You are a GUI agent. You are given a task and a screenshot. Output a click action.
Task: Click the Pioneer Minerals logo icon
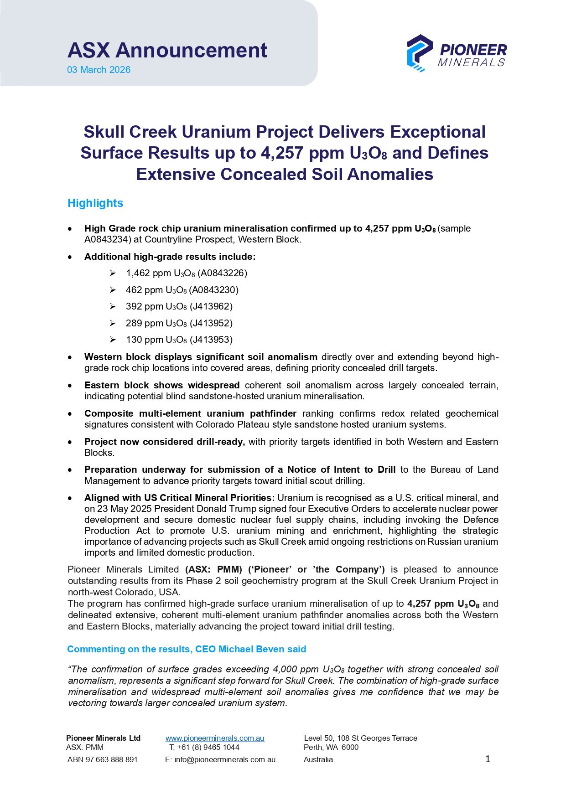coord(419,53)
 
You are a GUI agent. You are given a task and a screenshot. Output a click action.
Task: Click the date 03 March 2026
coord(99,70)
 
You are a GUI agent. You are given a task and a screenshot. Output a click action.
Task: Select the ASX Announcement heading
coord(167,50)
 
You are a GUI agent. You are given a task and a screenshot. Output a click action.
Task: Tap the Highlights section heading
coord(95,203)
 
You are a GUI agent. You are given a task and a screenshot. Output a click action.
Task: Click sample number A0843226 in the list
coord(222,273)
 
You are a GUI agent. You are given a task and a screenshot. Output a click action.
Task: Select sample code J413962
coord(211,306)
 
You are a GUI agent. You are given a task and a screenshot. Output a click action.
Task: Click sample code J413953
coord(211,340)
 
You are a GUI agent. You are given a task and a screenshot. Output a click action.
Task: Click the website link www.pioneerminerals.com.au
coord(215,738)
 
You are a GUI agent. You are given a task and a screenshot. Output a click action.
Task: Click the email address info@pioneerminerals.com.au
coord(225,759)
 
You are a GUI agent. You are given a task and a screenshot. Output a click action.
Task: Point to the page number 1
coord(488,759)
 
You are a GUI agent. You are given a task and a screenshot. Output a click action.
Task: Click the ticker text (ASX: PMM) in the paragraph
coord(213,569)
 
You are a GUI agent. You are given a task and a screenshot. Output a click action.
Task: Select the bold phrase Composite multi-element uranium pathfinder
coord(190,413)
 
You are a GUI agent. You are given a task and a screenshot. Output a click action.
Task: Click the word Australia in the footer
coord(318,759)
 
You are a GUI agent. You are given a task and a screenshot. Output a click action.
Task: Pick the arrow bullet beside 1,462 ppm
coord(113,273)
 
